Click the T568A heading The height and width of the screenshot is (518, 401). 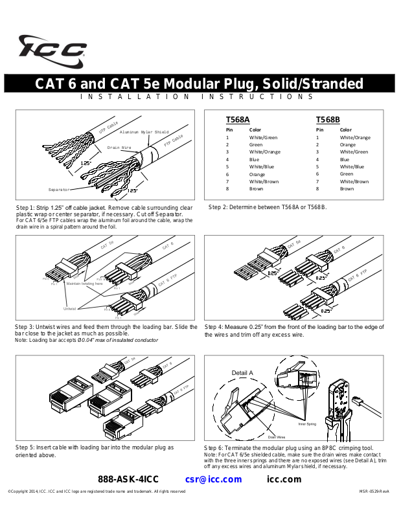click(238, 120)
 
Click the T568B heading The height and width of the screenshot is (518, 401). click(328, 120)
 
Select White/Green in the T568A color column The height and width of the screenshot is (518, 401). click(263, 137)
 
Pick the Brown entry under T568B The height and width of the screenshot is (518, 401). click(347, 189)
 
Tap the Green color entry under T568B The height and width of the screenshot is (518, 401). click(347, 174)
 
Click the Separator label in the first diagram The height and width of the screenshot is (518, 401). click(59, 190)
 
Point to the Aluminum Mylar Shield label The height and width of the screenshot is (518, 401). click(144, 132)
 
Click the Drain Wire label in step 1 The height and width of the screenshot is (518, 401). click(119, 148)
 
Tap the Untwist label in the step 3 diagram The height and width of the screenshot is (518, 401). click(70, 308)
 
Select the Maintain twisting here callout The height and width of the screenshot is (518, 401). click(85, 284)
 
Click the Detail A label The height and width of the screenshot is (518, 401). click(242, 373)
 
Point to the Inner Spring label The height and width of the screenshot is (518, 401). click(307, 423)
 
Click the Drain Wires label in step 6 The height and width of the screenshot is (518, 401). click(277, 437)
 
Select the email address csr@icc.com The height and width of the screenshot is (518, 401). click(213, 480)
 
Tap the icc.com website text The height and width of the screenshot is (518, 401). click(284, 480)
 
